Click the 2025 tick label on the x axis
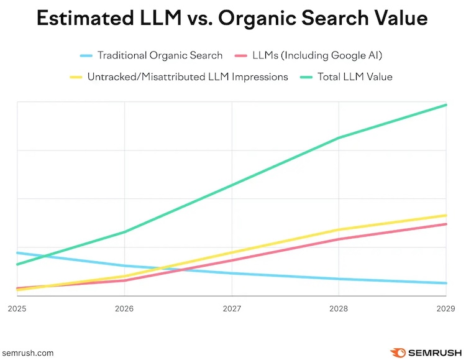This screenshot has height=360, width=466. (x=17, y=308)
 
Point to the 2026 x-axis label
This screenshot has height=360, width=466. (x=124, y=308)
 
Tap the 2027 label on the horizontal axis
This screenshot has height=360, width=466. (x=232, y=308)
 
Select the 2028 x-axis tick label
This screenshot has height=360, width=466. (x=339, y=308)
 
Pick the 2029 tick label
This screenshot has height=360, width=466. (x=445, y=308)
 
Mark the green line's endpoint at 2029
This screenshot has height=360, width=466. (x=446, y=105)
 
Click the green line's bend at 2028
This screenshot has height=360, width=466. (x=339, y=138)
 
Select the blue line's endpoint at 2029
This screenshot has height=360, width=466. (x=446, y=283)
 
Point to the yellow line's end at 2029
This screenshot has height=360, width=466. (x=446, y=215)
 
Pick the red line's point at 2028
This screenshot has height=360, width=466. (x=339, y=239)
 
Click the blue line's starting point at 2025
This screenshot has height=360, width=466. (x=17, y=253)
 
